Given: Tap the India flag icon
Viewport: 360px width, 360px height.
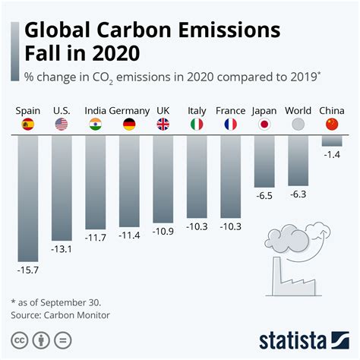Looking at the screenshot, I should pyautogui.click(x=96, y=125).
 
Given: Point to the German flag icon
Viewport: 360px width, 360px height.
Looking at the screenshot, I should pyautogui.click(x=129, y=125).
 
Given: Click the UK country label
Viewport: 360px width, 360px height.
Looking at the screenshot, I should pyautogui.click(x=163, y=110).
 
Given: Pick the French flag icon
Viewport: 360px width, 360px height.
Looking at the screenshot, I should pyautogui.click(x=231, y=125).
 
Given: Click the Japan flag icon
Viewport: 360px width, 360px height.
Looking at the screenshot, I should pyautogui.click(x=264, y=125).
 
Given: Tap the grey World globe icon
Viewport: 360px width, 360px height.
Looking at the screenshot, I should pyautogui.click(x=298, y=125).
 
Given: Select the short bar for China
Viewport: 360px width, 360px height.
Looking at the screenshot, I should pyautogui.click(x=332, y=141).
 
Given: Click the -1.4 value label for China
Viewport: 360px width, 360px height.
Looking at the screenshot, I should pyautogui.click(x=332, y=154).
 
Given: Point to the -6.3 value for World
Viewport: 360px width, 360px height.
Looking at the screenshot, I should pyautogui.click(x=298, y=194).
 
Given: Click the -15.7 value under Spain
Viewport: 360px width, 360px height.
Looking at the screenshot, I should pyautogui.click(x=28, y=268).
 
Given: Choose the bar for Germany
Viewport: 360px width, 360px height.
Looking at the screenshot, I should pyautogui.click(x=129, y=180).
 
